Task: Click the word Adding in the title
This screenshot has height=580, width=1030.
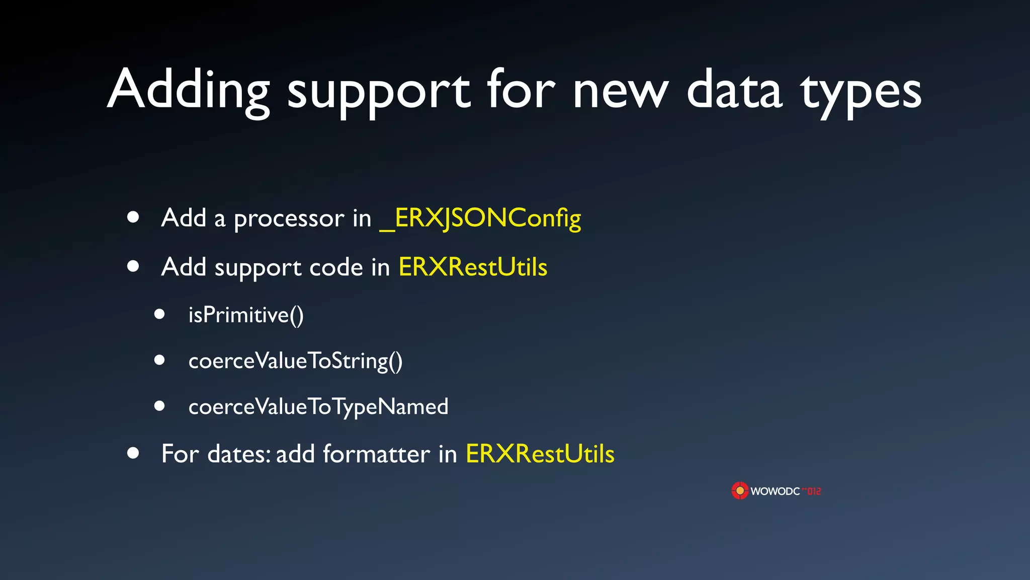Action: pos(189,91)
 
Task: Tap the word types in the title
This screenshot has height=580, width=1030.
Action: pos(861,93)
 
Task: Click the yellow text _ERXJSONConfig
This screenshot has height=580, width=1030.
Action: pos(480,218)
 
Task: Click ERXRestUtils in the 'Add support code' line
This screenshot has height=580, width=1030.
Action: pos(473,267)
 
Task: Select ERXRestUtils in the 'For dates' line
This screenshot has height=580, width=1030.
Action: pos(540,454)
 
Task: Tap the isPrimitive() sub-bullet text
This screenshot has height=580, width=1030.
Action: pos(246,315)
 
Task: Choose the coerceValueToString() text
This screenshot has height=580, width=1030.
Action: pos(295,361)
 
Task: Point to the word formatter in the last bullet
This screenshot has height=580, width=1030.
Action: pos(376,454)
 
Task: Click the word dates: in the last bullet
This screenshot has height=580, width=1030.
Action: pos(239,454)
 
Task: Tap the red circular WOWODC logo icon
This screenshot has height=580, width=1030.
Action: pos(740,490)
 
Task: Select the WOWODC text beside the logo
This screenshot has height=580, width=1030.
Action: pos(775,491)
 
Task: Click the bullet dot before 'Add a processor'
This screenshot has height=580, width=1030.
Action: pos(133,217)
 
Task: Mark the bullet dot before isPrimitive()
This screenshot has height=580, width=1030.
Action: pos(160,314)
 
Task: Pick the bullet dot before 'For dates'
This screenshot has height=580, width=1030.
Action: pos(133,453)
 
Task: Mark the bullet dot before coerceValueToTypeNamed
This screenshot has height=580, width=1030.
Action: pos(160,406)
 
